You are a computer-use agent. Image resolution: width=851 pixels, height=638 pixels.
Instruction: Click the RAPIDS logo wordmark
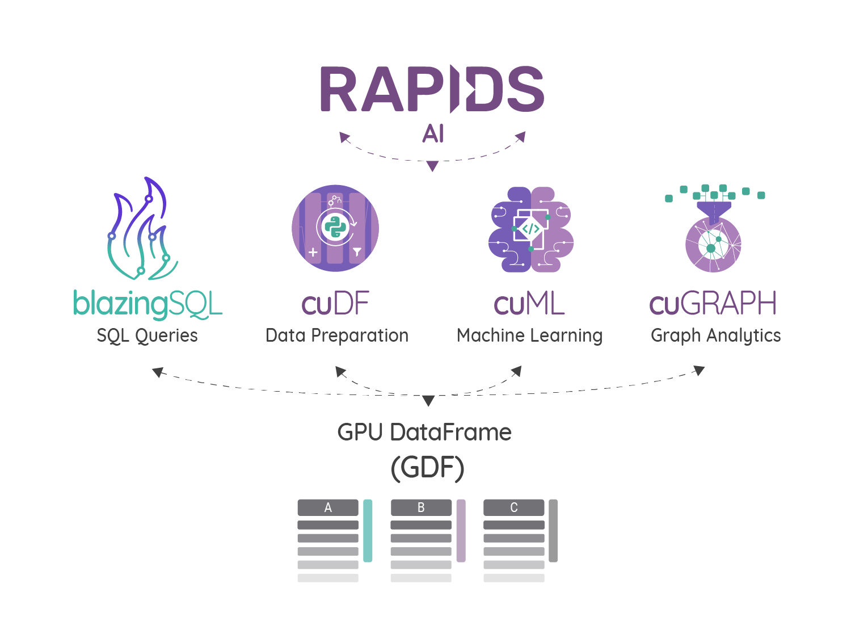(x=432, y=89)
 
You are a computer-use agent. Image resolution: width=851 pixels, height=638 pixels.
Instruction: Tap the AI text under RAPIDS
(x=433, y=134)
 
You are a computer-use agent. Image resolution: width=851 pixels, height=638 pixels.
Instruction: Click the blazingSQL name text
(x=148, y=304)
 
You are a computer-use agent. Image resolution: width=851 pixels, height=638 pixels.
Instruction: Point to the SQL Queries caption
(x=147, y=335)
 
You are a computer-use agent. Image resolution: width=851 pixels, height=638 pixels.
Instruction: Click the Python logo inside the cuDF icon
(x=335, y=227)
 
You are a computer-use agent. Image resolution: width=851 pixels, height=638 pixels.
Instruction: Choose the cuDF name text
(x=335, y=304)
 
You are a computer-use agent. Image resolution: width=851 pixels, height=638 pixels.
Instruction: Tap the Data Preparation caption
(x=337, y=335)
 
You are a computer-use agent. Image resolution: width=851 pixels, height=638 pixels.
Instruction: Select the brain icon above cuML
(x=531, y=229)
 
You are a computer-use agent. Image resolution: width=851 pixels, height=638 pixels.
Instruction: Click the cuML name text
(x=529, y=304)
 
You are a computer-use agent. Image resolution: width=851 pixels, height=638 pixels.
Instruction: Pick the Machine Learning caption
(x=529, y=335)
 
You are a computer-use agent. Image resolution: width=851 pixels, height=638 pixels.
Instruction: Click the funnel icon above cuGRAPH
(x=714, y=211)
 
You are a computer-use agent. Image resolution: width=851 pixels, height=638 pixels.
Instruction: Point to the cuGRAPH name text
(x=713, y=304)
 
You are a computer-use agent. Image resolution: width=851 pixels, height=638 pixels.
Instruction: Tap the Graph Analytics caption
(x=715, y=335)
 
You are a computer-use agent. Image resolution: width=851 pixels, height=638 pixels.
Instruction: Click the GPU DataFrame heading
(x=424, y=433)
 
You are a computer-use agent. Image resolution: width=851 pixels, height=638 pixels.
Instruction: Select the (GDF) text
(x=427, y=468)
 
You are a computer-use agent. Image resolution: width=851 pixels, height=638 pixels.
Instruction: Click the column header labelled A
(x=328, y=507)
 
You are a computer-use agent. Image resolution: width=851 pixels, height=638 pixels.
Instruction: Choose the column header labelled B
(x=421, y=507)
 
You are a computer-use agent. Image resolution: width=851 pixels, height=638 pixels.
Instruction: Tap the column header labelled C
(x=514, y=507)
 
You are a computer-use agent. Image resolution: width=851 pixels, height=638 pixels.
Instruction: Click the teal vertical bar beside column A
(x=368, y=531)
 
